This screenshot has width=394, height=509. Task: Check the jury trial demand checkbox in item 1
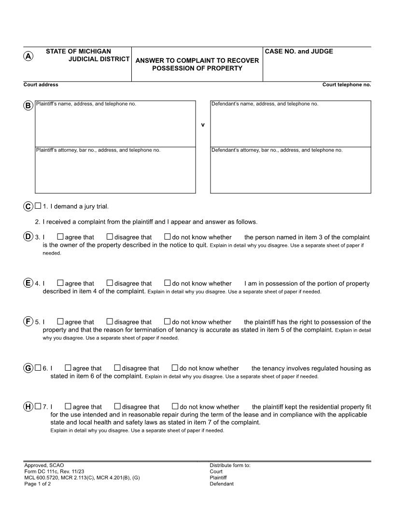[38, 206]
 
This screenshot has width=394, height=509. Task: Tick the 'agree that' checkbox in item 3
[60, 237]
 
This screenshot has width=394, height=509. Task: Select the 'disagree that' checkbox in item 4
[110, 283]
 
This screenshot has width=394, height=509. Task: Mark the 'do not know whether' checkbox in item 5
[168, 321]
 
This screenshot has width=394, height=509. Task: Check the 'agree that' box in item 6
[68, 368]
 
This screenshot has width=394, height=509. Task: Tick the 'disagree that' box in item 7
[117, 406]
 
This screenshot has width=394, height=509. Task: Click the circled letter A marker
[28, 56]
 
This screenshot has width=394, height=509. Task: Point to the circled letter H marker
[28, 406]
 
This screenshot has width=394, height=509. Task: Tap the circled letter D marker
[28, 237]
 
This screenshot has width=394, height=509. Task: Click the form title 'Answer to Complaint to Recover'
[197, 61]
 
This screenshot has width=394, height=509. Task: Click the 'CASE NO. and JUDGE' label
[299, 52]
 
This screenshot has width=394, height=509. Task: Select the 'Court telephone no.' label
[346, 85]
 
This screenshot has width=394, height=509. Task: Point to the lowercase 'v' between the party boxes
[203, 125]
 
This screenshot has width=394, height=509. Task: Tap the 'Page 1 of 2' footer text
[38, 484]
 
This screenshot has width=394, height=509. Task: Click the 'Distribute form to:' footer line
[230, 466]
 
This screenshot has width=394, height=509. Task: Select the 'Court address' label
[41, 85]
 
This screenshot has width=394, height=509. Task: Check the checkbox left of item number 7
[38, 406]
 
